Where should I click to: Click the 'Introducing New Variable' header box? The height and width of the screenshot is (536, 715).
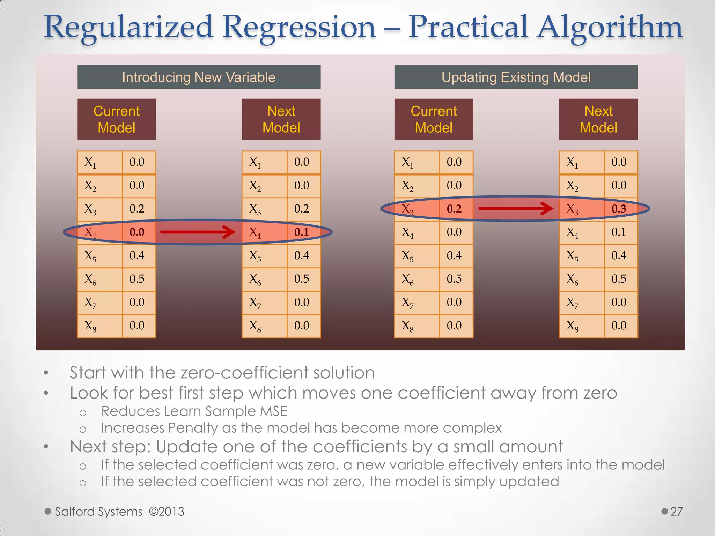(199, 77)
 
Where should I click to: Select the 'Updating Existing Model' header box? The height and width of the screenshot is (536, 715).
(516, 77)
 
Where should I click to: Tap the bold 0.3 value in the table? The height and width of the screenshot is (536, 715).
(619, 209)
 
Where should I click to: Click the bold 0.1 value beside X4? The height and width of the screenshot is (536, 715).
(301, 232)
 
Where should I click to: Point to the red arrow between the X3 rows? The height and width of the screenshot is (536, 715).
(515, 209)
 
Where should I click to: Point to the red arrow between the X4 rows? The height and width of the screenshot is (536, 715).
(198, 232)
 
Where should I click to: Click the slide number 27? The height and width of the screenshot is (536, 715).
(676, 512)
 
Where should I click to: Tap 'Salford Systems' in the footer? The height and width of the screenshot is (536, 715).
(99, 512)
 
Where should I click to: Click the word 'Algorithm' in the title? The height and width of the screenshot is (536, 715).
(609, 27)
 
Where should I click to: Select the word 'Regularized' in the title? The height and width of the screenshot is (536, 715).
(128, 27)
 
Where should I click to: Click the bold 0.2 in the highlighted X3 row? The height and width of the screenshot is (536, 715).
(454, 209)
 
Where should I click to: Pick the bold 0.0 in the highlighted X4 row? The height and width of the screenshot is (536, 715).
(137, 232)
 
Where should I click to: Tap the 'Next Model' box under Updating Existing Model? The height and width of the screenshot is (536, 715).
(598, 119)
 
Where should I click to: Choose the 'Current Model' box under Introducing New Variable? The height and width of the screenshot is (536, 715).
(116, 119)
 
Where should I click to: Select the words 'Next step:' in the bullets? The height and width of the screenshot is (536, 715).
(110, 447)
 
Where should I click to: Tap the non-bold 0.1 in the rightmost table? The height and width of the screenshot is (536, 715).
(619, 232)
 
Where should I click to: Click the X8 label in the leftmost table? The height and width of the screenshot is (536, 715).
(90, 326)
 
